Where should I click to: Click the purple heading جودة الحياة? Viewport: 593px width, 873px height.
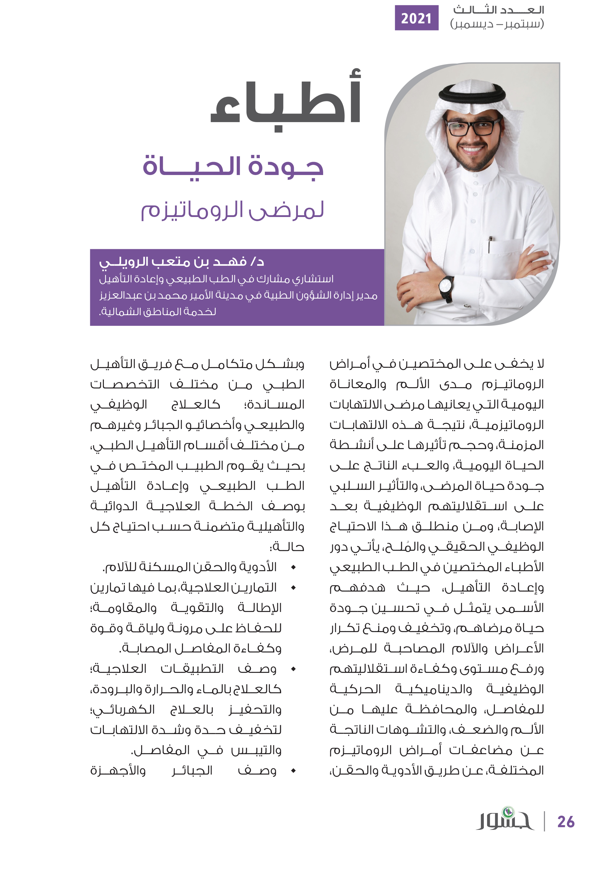233,166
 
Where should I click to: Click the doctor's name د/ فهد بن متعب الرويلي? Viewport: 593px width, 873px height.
182,261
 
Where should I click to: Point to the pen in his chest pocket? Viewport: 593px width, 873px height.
490,244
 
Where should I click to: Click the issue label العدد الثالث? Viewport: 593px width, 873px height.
498,10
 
